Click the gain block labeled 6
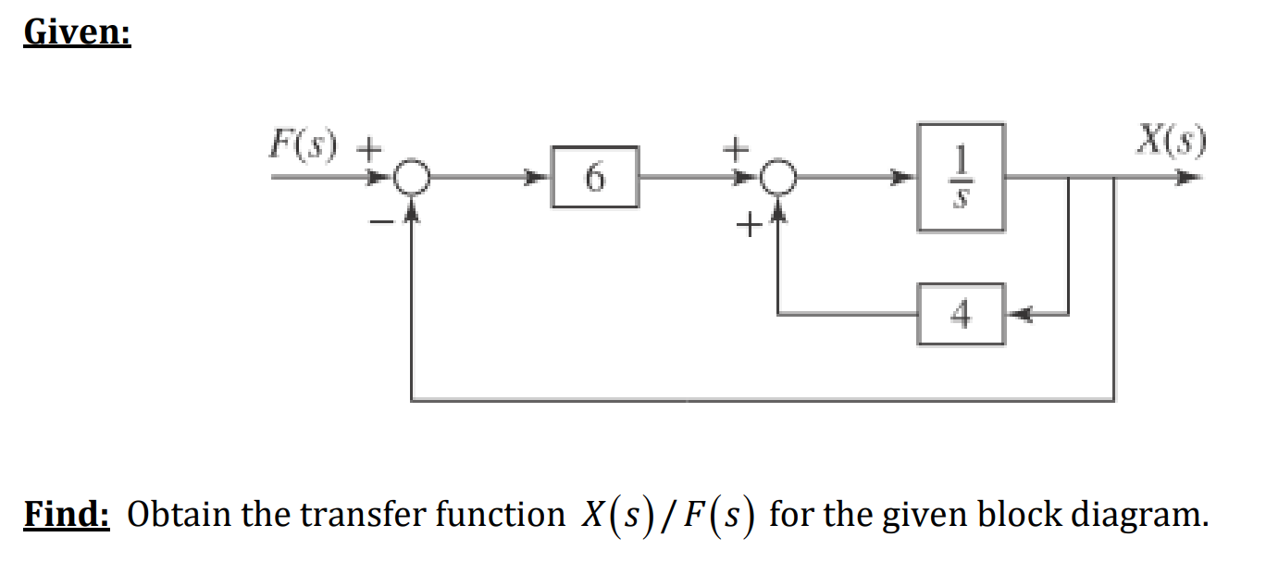point(595,177)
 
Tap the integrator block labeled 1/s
point(961,177)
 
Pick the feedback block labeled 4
point(961,315)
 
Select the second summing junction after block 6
point(779,178)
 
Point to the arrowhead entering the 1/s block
point(906,177)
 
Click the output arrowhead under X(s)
point(1194,177)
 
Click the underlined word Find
point(67,513)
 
